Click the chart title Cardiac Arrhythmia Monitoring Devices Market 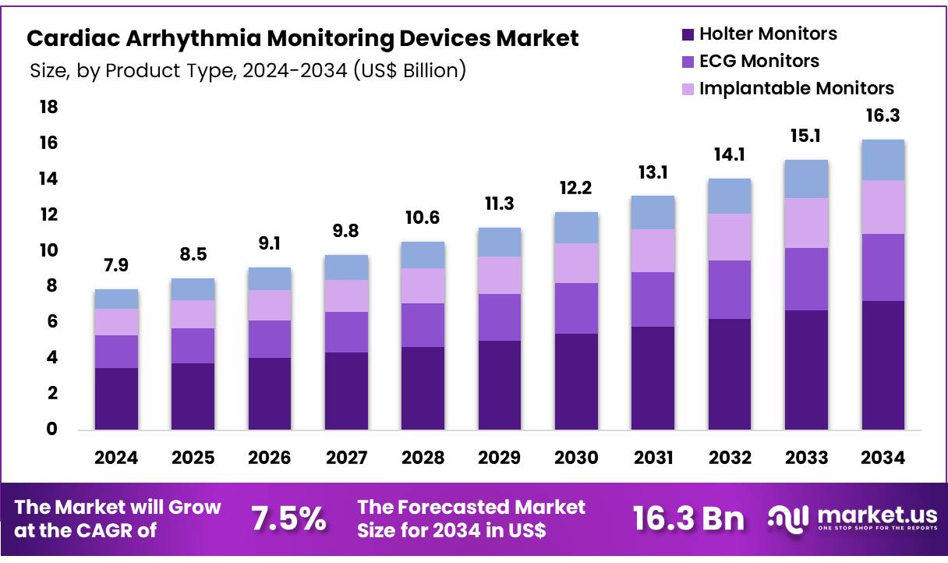coord(302,39)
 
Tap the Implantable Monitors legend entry coord(787,88)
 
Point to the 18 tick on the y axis coord(48,107)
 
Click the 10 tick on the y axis coord(48,250)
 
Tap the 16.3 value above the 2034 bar coord(883,116)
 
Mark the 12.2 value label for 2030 coord(576,188)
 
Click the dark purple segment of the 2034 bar coord(883,365)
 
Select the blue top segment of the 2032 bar coord(730,196)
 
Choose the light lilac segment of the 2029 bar coord(500,275)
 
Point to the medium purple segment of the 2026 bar coord(269,339)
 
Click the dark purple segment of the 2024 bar coord(115,398)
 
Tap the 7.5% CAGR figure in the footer coord(288,519)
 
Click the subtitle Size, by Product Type coord(248,70)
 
